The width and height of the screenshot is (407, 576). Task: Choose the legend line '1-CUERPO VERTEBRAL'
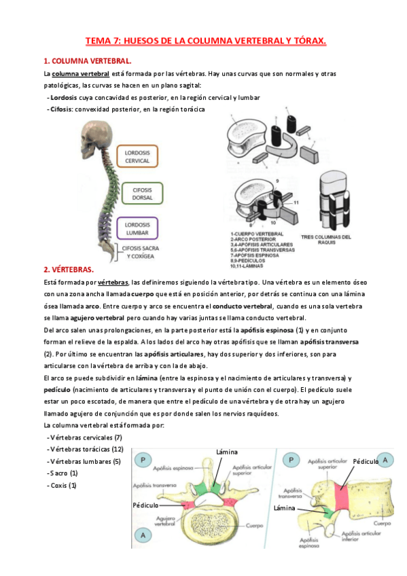tap(253, 232)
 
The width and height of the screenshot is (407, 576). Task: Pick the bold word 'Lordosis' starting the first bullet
tap(63, 97)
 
